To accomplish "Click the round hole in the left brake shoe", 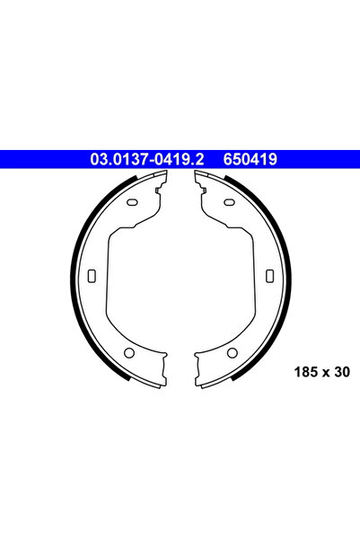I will coord(127,351).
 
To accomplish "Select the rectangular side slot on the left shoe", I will coord(92,274).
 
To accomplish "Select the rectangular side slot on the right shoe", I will coord(267,274).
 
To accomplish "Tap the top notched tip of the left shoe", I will coord(160,181).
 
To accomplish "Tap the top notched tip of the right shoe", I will coord(199,181).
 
